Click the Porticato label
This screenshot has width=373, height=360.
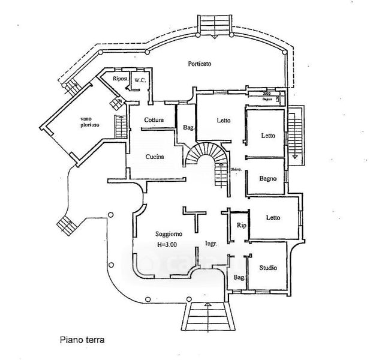click(x=200, y=64)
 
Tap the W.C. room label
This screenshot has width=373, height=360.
click(x=139, y=80)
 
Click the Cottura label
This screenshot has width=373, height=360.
click(x=154, y=120)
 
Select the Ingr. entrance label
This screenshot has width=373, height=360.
click(x=210, y=244)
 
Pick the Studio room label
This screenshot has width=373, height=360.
click(x=267, y=268)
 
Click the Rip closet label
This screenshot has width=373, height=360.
click(x=240, y=226)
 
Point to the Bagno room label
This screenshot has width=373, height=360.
click(x=267, y=178)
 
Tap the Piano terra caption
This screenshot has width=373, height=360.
click(x=81, y=340)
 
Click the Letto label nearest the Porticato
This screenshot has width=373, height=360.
click(x=223, y=121)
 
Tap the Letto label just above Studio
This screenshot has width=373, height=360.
click(x=273, y=217)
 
